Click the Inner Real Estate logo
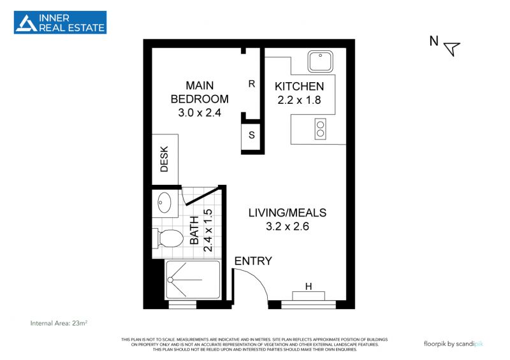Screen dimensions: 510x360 [60, 22]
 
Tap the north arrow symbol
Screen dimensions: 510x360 [452, 48]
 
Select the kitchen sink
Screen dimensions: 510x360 [321, 61]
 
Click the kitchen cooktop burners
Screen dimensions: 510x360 [321, 129]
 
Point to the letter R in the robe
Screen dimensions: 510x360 [251, 84]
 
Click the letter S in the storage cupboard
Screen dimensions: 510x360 [251, 134]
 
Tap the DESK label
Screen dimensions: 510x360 [164, 159]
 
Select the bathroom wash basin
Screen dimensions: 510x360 [164, 203]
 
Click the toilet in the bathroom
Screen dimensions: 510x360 [168, 238]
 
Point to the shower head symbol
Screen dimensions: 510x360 [170, 280]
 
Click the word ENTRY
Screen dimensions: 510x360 [253, 261]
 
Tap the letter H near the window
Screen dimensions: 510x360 [309, 286]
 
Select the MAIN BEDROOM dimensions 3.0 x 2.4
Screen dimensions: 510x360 [200, 113]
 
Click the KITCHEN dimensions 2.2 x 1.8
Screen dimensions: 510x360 [299, 100]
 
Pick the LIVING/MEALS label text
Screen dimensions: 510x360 [288, 213]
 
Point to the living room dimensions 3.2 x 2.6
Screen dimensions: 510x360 [288, 226]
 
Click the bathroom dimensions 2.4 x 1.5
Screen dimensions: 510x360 [208, 230]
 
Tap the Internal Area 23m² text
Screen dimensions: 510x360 [59, 323]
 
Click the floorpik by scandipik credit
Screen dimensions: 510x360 [453, 343]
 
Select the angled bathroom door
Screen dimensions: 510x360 [203, 196]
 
